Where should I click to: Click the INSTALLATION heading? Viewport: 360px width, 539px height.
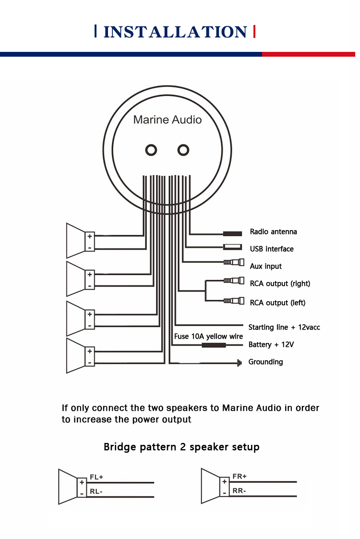click(175, 32)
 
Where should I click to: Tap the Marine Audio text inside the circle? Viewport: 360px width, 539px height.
click(168, 120)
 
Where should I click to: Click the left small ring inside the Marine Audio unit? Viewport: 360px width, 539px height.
click(151, 150)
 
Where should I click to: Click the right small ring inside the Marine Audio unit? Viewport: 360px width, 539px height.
click(183, 150)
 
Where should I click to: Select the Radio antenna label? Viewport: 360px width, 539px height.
click(273, 232)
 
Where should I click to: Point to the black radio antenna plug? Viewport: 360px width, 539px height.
click(232, 233)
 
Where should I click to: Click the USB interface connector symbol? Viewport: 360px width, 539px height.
click(232, 248)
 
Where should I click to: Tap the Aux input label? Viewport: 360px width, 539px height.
click(265, 266)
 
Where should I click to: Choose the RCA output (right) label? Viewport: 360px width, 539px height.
click(280, 283)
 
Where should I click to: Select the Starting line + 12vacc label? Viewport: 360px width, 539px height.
click(284, 327)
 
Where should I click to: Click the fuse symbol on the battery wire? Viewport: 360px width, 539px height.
click(214, 345)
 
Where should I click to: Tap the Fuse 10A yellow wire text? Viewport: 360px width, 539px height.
click(208, 336)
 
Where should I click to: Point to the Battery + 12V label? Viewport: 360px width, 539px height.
click(271, 344)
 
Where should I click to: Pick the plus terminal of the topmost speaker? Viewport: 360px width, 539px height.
click(90, 236)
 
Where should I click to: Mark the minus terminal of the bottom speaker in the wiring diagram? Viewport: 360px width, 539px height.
click(90, 363)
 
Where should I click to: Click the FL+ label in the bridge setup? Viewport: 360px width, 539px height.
click(96, 477)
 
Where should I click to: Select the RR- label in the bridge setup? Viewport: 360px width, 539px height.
click(240, 490)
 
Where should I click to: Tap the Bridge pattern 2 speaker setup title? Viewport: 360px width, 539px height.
click(181, 447)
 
